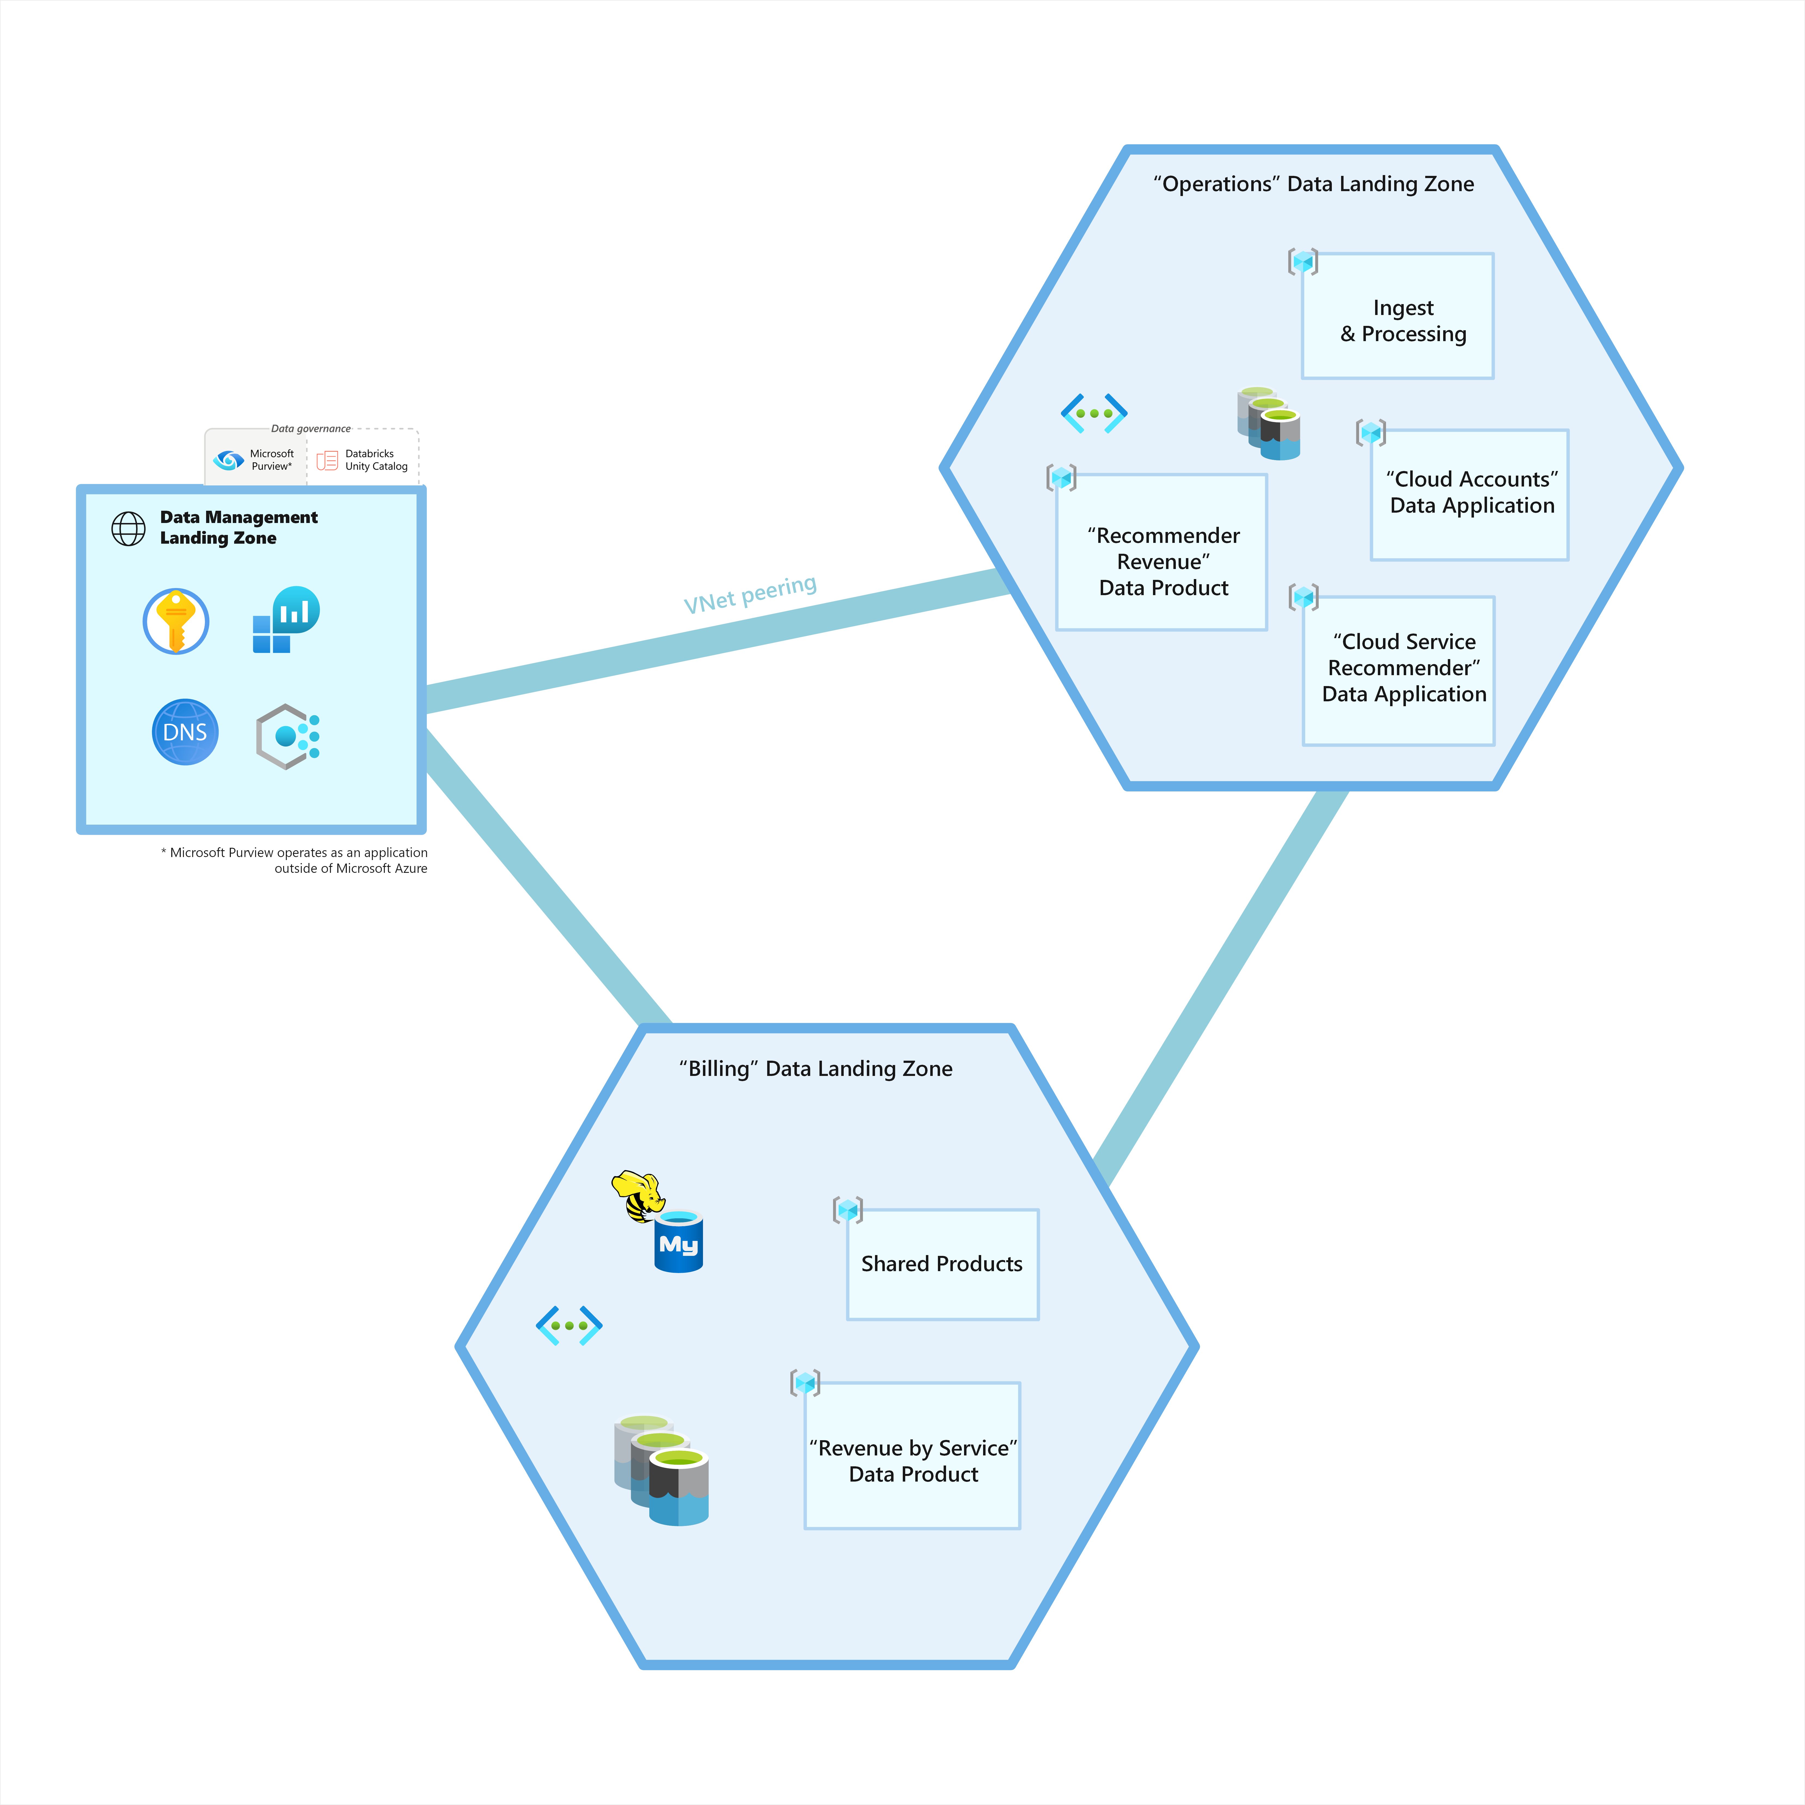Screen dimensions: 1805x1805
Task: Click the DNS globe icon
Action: coord(185,732)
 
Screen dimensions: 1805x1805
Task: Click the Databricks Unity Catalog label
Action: coord(376,460)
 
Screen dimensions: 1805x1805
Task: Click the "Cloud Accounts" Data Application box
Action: coord(1470,494)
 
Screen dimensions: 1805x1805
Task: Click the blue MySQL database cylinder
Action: coord(678,1243)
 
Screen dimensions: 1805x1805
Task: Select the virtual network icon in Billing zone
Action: coord(569,1325)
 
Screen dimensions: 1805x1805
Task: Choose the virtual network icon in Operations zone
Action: coord(1094,413)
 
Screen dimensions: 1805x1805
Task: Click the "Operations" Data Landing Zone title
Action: coord(1313,184)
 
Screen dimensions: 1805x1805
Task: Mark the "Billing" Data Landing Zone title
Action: coord(816,1069)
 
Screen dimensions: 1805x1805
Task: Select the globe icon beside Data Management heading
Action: coord(129,529)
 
